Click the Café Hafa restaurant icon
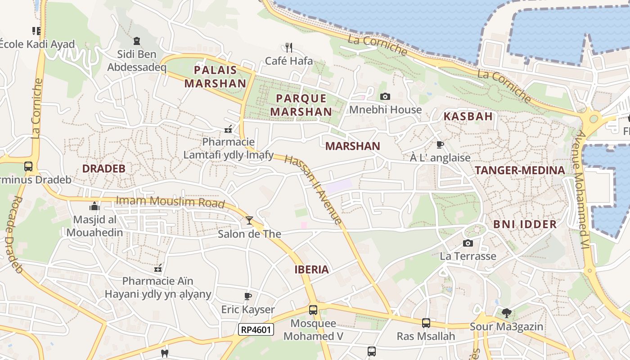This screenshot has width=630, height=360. [x=289, y=47]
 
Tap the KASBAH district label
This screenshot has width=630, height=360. [x=468, y=116]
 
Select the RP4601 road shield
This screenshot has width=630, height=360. [x=256, y=329]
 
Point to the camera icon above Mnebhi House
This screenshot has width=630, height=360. [x=385, y=96]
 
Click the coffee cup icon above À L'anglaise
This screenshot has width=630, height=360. [x=440, y=144]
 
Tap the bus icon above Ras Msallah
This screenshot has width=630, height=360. [x=426, y=323]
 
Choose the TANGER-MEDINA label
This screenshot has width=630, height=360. [x=520, y=170]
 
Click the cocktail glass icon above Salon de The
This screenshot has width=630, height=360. [x=249, y=220]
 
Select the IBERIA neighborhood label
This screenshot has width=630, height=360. [x=311, y=270]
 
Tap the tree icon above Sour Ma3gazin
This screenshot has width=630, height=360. [x=506, y=313]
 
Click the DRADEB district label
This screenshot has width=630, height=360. [x=103, y=169]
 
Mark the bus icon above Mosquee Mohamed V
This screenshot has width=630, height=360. [x=313, y=310]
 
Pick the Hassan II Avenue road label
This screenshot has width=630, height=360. [x=314, y=189]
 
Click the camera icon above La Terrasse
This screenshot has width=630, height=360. [x=468, y=243]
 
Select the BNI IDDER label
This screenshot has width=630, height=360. [x=525, y=224]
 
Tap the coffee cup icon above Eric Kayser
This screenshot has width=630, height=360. [x=247, y=296]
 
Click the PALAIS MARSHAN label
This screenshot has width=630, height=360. [x=215, y=76]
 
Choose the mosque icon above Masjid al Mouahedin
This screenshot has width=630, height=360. [x=94, y=206]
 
